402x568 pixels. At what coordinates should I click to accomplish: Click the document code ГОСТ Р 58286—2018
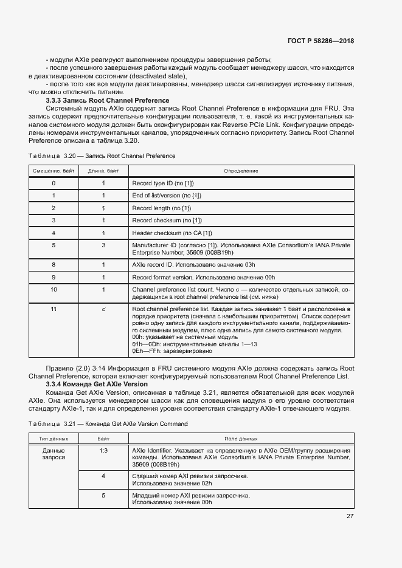320,41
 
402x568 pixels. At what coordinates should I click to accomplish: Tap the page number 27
350,516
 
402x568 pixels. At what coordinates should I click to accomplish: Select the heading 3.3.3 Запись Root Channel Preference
108,100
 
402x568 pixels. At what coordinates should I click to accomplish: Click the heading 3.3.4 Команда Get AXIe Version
97,385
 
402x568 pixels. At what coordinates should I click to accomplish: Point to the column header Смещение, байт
54,171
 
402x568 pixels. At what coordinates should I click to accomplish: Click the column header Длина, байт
103,171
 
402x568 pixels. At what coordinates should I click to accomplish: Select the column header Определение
241,171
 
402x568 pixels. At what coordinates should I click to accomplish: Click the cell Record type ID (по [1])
163,183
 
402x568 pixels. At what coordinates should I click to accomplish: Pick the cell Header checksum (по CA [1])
172,233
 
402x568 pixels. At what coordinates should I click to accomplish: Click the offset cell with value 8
54,265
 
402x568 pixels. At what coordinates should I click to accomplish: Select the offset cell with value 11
54,309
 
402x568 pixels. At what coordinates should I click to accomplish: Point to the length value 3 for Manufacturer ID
103,245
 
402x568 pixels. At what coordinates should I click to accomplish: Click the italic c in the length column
103,309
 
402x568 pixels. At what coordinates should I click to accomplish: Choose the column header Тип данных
54,438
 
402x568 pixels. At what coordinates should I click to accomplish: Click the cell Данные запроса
54,454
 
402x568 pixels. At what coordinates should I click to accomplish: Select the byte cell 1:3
103,450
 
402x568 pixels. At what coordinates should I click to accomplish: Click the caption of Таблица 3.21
108,423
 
